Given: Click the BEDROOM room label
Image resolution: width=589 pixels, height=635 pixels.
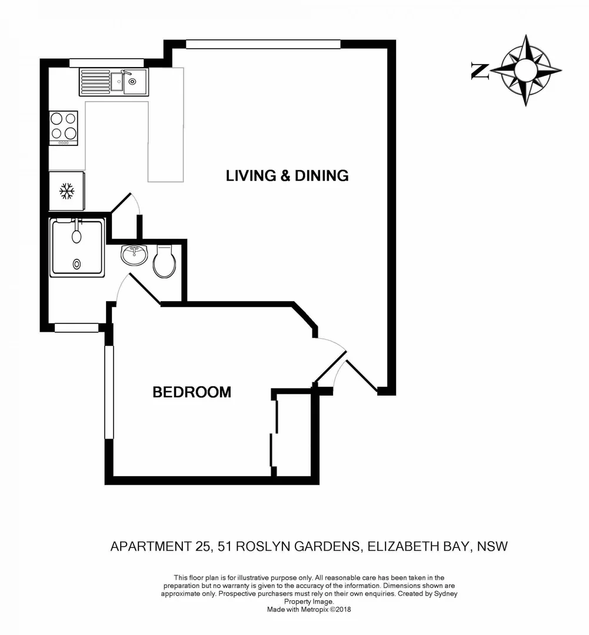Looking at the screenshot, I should (x=192, y=392).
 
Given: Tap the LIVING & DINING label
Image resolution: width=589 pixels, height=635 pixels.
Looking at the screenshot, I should (x=287, y=175).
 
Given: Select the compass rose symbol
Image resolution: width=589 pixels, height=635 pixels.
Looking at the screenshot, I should (x=525, y=70).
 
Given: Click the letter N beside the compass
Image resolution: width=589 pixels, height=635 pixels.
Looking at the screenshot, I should (x=480, y=71).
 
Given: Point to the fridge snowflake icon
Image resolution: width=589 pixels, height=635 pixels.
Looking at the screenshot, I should (x=66, y=190).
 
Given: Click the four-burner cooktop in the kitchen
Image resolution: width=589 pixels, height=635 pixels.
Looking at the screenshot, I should (x=64, y=127).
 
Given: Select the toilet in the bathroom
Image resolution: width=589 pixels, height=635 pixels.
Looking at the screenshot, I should (x=164, y=262).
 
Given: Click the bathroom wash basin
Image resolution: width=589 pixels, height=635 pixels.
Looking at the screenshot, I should (x=134, y=255).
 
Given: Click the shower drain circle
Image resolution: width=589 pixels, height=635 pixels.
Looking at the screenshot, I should (x=76, y=265).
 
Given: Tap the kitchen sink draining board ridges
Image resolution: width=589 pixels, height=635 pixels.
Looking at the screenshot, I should (x=95, y=82).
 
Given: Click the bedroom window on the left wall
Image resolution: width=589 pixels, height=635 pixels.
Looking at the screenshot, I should (x=109, y=392).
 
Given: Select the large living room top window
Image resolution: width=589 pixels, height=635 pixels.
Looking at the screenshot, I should (x=263, y=44).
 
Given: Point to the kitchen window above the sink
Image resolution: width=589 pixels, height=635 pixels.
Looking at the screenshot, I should (x=106, y=63).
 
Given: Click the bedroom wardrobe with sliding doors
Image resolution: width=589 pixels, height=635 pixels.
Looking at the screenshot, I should (x=292, y=434).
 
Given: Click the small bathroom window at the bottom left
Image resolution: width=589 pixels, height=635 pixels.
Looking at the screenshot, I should (x=76, y=328).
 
